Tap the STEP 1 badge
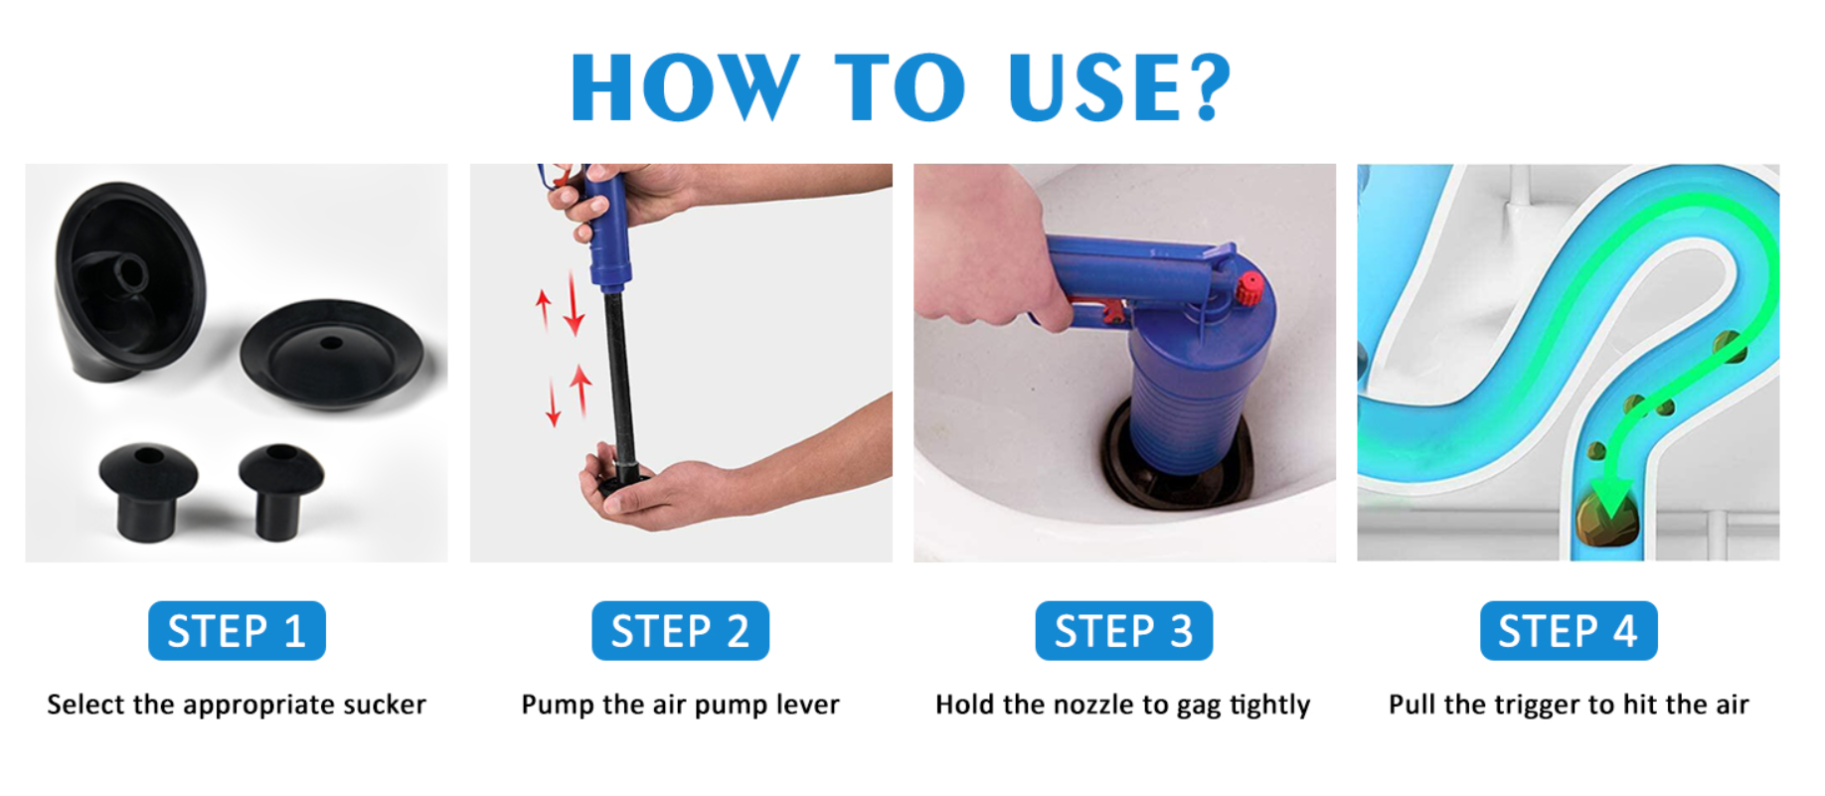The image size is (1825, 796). tap(237, 631)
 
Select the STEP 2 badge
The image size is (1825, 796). tap(680, 631)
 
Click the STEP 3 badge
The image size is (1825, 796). tap(1124, 631)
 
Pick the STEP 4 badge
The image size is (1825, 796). tap(1569, 631)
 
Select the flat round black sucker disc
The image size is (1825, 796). tap(332, 354)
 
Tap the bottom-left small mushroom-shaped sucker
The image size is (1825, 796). tap(147, 489)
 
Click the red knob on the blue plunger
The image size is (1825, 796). tap(1249, 288)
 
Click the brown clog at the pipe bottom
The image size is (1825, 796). tap(1605, 518)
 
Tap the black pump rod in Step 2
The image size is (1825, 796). tap(620, 378)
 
